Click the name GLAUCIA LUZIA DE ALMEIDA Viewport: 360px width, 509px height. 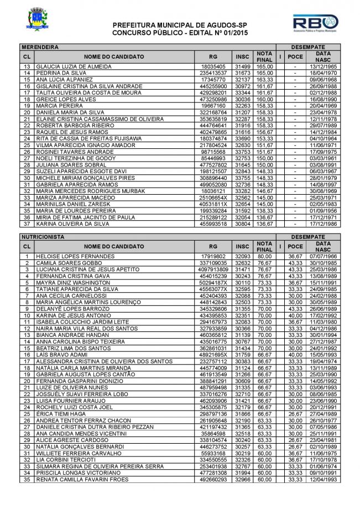(71, 67)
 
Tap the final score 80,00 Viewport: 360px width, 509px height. (265, 257)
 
